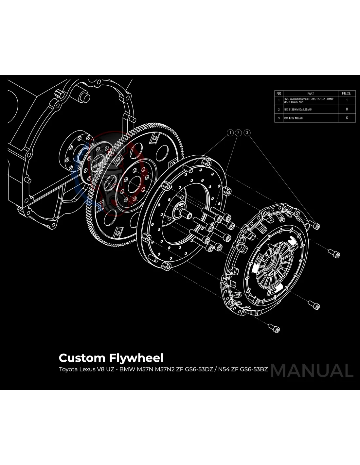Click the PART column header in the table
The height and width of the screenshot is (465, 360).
click(x=310, y=93)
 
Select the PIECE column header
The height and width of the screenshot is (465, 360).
click(x=347, y=93)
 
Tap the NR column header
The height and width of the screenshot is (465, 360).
click(x=279, y=93)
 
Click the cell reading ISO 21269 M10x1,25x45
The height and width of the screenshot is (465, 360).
click(x=297, y=110)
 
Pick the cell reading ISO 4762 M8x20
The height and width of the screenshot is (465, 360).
click(x=293, y=118)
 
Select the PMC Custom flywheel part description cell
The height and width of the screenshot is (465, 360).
click(x=308, y=100)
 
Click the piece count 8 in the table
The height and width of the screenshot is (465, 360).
click(x=347, y=109)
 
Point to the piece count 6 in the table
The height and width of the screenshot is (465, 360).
click(x=347, y=118)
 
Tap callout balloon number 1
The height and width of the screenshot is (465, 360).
click(x=230, y=132)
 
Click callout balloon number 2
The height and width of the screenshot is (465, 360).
click(x=239, y=132)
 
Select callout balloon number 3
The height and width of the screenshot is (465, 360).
click(x=247, y=132)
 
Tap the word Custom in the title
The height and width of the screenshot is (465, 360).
click(x=82, y=358)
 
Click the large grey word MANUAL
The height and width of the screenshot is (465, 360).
click(x=312, y=370)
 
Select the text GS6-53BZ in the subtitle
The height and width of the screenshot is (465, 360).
click(x=254, y=370)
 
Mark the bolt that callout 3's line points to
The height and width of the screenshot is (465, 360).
click(x=316, y=225)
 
